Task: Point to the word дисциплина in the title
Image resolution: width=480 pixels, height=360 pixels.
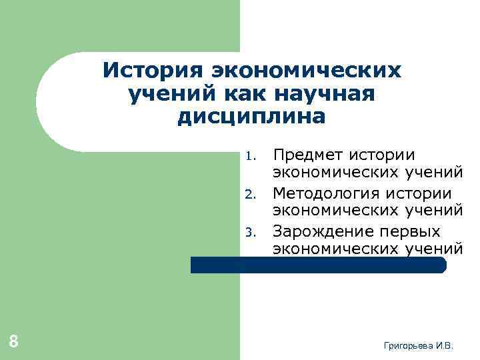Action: pos(252,117)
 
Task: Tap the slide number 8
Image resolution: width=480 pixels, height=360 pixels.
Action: pos(13,342)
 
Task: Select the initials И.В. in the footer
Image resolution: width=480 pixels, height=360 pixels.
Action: pos(444,346)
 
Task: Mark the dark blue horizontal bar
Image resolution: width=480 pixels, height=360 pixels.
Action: pos(318,265)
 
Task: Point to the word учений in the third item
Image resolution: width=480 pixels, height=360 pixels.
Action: pos(433,249)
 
